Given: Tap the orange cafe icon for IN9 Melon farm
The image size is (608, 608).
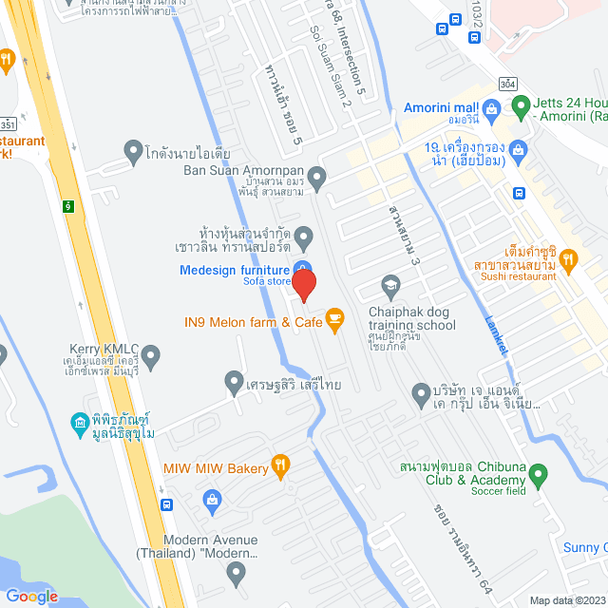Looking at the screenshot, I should pyautogui.click(x=334, y=320).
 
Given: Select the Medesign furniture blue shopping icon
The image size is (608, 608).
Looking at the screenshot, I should pyautogui.click(x=301, y=270).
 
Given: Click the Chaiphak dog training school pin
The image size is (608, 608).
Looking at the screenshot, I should pyautogui.click(x=389, y=284).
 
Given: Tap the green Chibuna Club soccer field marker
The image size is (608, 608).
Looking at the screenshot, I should pyautogui.click(x=539, y=473).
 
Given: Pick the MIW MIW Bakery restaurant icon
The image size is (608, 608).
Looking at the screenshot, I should pyautogui.click(x=279, y=465).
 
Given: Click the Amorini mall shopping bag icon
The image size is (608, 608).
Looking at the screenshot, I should pyautogui.click(x=490, y=108).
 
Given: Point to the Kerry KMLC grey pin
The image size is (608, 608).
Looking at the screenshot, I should pyautogui.click(x=151, y=356).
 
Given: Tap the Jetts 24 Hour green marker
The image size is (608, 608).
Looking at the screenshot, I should pyautogui.click(x=520, y=106).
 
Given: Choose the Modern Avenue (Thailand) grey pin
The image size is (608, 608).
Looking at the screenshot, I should pyautogui.click(x=237, y=572).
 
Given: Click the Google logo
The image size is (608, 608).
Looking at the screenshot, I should pyautogui.click(x=31, y=596).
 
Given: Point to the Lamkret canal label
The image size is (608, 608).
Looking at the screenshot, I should pyautogui.click(x=496, y=335).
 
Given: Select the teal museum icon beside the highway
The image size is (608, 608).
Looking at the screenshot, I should pyautogui.click(x=80, y=421).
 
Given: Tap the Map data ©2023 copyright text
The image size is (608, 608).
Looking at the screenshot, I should pyautogui.click(x=567, y=599).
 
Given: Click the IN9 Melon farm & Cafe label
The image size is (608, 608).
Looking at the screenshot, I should pyautogui.click(x=253, y=321).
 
